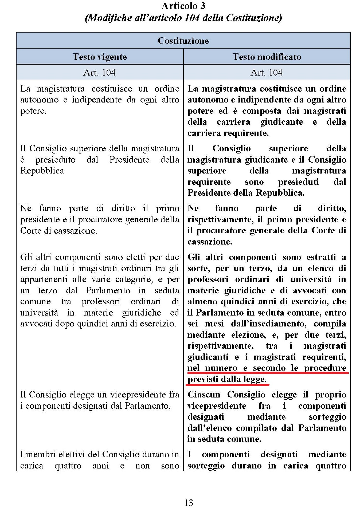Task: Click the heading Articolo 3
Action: click(x=183, y=6)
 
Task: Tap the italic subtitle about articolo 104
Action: click(x=183, y=18)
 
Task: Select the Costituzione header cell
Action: click(x=183, y=41)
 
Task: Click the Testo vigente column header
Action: click(x=100, y=57)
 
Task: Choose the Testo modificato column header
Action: click(x=267, y=57)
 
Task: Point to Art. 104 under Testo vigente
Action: click(x=99, y=72)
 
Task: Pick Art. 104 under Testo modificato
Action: click(x=266, y=72)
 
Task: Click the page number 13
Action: click(x=189, y=503)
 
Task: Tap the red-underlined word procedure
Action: click(x=325, y=368)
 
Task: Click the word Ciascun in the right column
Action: click(x=204, y=395)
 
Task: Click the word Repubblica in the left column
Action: click(x=42, y=171)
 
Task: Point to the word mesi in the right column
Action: click(x=214, y=324)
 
